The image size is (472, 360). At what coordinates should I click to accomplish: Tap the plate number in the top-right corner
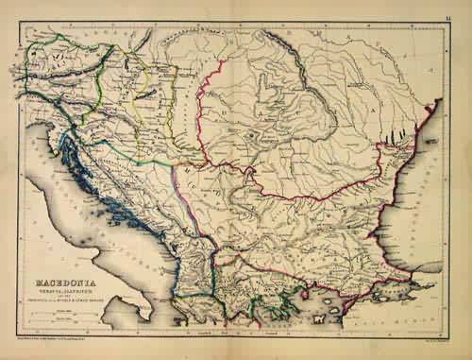coord(456,7)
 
